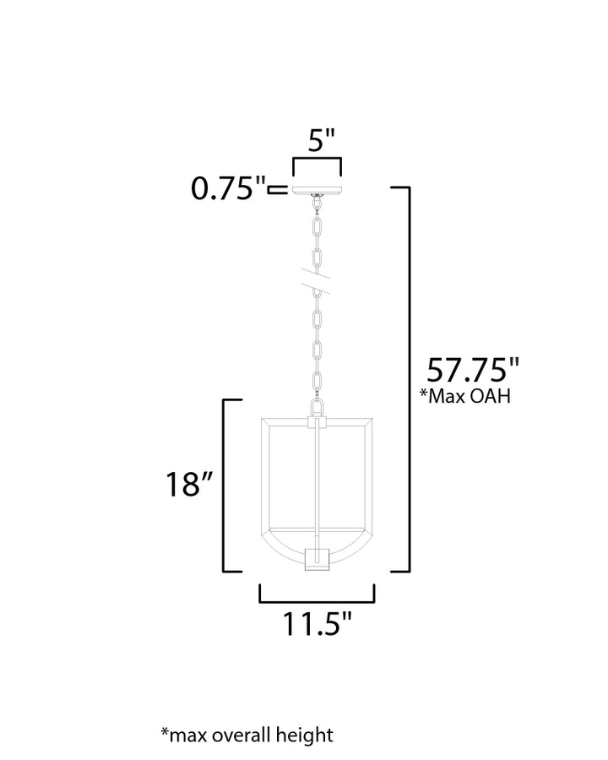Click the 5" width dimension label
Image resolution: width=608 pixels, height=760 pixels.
click(x=322, y=140)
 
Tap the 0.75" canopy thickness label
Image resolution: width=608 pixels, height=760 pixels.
click(x=229, y=188)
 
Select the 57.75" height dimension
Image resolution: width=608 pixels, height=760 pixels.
click(x=473, y=370)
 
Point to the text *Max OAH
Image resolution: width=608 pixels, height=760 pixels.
click(x=465, y=395)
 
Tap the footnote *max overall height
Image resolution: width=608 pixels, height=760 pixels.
click(x=247, y=736)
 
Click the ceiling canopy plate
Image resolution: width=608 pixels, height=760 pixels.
click(x=317, y=189)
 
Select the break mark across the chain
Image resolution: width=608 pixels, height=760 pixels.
click(x=317, y=280)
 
